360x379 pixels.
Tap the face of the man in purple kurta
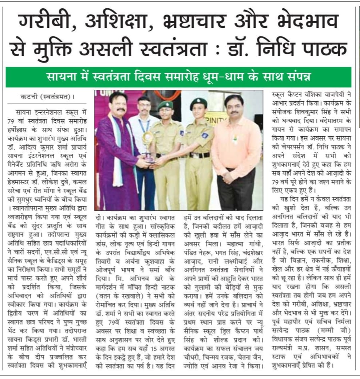tap(117, 105)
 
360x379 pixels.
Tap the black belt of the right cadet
tap(199, 155)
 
